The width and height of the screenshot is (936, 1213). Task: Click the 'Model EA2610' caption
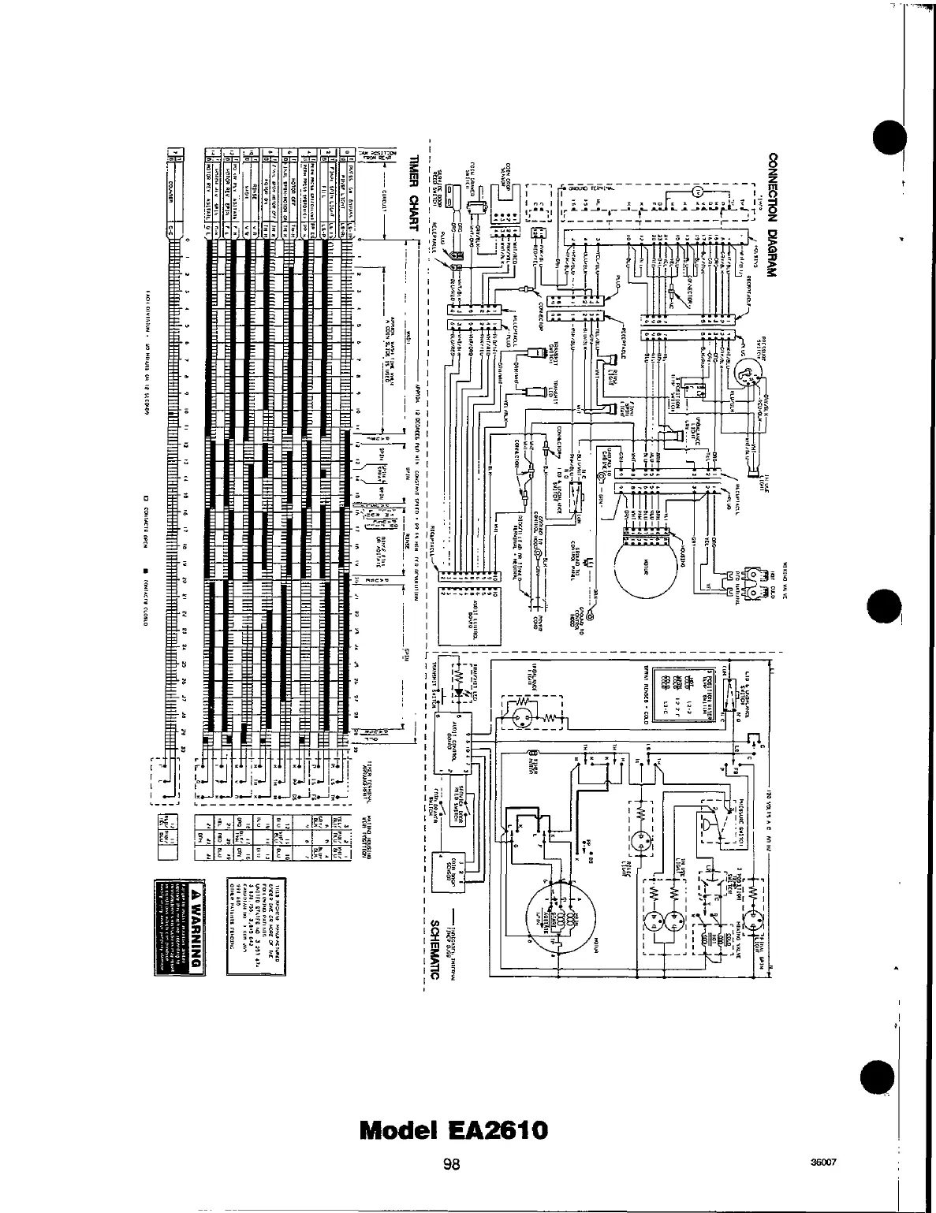pos(452,1129)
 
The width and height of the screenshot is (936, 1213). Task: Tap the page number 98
pos(451,1164)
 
